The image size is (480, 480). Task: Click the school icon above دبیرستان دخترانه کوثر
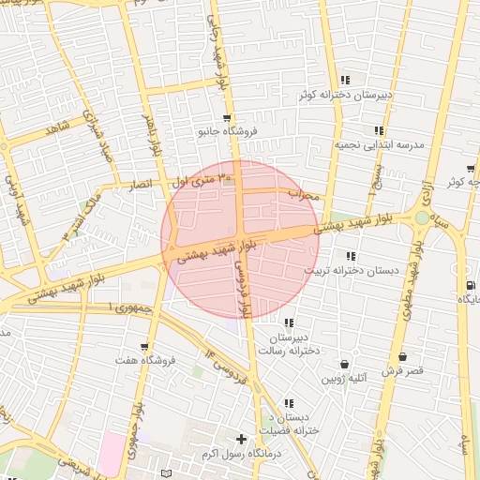tap(346, 80)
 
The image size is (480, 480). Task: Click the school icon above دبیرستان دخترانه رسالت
tap(288, 322)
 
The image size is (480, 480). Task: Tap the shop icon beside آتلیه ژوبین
tap(344, 363)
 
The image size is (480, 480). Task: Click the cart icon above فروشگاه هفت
tap(143, 347)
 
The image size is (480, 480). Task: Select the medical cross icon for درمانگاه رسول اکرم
tap(242, 439)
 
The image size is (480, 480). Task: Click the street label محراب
tap(304, 195)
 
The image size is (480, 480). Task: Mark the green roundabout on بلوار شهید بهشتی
tap(423, 217)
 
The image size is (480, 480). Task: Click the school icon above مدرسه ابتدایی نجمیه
tap(379, 131)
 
